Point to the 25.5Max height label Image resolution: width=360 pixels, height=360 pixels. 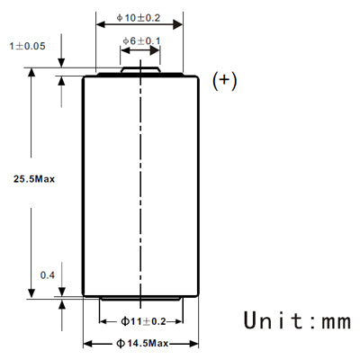(x=34, y=179)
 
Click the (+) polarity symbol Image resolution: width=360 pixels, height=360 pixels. (x=224, y=81)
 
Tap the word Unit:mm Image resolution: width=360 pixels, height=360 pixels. (x=298, y=320)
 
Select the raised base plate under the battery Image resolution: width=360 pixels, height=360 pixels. (x=141, y=298)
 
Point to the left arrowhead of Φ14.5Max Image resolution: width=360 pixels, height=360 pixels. (x=87, y=344)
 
